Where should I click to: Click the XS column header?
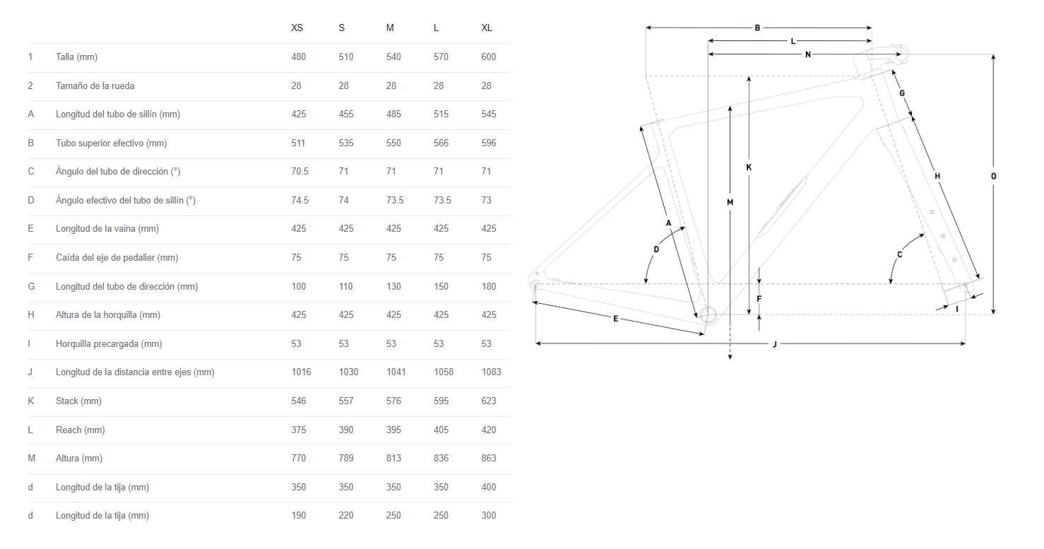coord(297,28)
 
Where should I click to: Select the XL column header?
coord(487,28)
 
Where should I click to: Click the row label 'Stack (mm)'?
coord(78,401)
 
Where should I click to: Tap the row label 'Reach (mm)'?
coord(80,430)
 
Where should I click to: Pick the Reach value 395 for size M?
coord(393,430)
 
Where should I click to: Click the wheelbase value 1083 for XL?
coord(491,372)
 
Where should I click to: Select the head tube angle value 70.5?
coord(299,172)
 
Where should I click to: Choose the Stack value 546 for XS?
coord(299,401)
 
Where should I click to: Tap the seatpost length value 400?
coord(488,487)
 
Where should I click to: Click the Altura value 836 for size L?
coord(441,458)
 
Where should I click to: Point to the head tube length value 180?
coord(488,286)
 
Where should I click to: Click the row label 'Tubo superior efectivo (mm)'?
coord(112,143)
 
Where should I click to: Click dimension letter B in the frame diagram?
coord(757,28)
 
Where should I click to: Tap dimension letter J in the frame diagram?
coord(775,344)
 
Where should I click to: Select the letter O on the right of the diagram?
coord(993,176)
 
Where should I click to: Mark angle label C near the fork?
coord(899,254)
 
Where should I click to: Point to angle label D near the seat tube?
coord(656,249)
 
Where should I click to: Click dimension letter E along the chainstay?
coord(616,319)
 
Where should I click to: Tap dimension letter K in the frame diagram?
coord(749,167)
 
